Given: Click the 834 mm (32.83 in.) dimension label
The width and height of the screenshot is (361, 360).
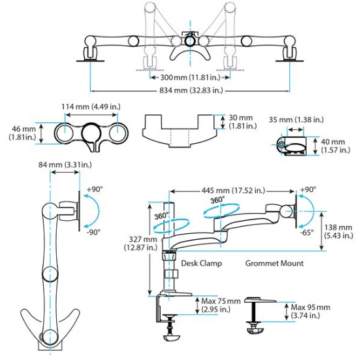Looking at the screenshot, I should coord(186,91).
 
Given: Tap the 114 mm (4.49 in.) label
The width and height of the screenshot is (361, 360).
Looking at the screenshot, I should coord(89,107).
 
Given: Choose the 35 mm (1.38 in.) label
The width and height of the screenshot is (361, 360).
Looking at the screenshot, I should coord(295,120).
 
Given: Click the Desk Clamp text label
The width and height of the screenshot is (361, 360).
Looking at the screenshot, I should coord(202,264).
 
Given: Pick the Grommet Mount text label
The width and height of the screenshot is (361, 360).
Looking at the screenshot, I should coord(274,264).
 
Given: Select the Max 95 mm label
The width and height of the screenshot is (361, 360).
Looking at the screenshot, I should coord(311,311).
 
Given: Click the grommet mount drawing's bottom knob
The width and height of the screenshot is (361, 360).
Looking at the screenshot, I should coord(254,329).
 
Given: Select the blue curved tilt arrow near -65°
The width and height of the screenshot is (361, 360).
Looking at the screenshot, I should coord(312,211).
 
